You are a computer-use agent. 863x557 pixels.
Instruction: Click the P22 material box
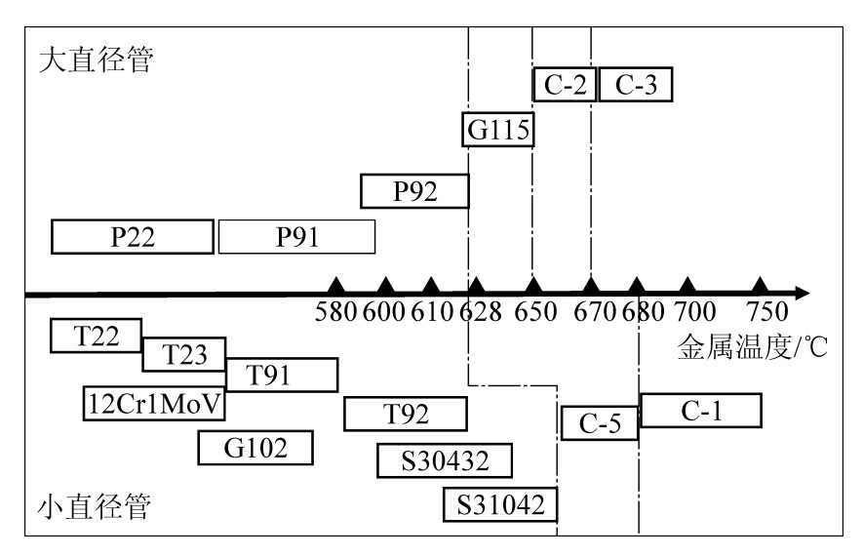[132, 236]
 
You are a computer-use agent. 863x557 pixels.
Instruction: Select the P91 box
[296, 236]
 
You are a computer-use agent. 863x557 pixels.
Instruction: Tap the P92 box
[415, 190]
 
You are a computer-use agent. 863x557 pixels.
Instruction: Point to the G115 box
[498, 130]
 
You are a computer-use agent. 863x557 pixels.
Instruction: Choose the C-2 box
[565, 85]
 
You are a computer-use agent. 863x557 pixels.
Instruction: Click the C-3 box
[635, 85]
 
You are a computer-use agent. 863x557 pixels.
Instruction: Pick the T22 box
[96, 336]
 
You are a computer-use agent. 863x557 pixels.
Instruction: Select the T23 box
[184, 355]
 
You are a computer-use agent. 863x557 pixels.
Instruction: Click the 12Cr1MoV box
[154, 401]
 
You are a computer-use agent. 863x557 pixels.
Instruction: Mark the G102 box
[255, 448]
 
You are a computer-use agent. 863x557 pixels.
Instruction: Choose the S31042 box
[499, 503]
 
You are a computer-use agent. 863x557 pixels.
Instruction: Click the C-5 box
[600, 422]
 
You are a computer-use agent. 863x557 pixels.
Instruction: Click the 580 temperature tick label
[336, 312]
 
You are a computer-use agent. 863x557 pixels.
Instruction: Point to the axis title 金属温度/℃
[752, 348]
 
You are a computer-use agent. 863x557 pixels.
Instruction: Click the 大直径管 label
[96, 60]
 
